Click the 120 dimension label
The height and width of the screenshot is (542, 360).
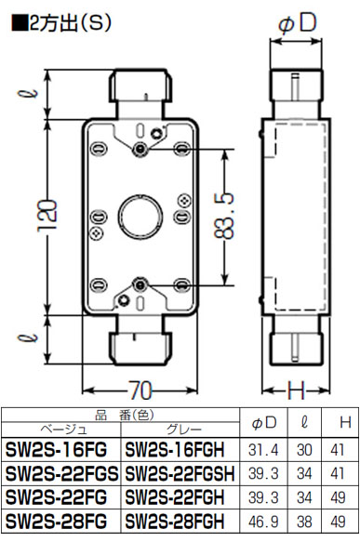[x=47, y=216]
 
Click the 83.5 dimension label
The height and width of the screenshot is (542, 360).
[x=224, y=217]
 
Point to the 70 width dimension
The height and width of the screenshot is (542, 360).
[x=140, y=390]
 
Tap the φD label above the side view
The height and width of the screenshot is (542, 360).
[x=297, y=23]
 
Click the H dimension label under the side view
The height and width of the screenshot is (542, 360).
[x=297, y=390]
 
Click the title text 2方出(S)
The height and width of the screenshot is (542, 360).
[x=62, y=23]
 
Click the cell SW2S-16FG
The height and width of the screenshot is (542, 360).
[x=56, y=450]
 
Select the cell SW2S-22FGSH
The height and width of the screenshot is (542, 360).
[x=180, y=473]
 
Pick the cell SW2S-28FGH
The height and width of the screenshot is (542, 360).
[x=175, y=521]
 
